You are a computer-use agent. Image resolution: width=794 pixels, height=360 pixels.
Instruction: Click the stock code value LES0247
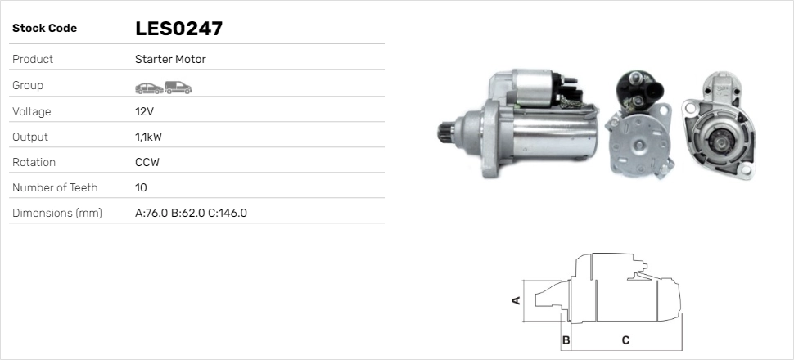pyautogui.click(x=178, y=29)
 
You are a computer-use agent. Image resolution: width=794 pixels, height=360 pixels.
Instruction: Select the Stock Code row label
pyautogui.click(x=44, y=29)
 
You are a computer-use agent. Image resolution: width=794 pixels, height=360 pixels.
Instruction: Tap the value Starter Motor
pyautogui.click(x=170, y=60)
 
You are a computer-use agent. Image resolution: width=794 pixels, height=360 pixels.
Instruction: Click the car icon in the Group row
pyautogui.click(x=148, y=87)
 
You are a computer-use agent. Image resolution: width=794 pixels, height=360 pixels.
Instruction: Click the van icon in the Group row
pyautogui.click(x=178, y=87)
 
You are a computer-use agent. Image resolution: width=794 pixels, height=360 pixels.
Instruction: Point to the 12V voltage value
pyautogui.click(x=145, y=111)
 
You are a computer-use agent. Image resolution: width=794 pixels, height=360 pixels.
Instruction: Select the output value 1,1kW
pyautogui.click(x=149, y=137)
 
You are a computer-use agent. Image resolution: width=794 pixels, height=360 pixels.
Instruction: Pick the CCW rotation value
pyautogui.click(x=147, y=162)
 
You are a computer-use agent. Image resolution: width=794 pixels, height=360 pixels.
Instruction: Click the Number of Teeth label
pyautogui.click(x=55, y=187)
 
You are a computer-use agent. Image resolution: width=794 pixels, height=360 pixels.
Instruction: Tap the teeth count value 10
pyautogui.click(x=141, y=187)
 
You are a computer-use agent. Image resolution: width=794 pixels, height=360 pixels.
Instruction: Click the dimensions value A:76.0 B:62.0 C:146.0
pyautogui.click(x=191, y=213)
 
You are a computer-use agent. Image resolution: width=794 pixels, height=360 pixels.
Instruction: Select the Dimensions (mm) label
pyautogui.click(x=56, y=213)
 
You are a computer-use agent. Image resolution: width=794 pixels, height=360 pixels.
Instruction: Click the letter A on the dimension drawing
pyautogui.click(x=516, y=300)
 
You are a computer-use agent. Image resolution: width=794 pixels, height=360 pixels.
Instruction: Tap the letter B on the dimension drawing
pyautogui.click(x=566, y=340)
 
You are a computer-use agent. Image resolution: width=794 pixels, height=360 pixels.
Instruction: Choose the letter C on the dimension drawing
pyautogui.click(x=625, y=340)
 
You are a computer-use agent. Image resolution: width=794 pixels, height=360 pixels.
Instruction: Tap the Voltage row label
pyautogui.click(x=31, y=111)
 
